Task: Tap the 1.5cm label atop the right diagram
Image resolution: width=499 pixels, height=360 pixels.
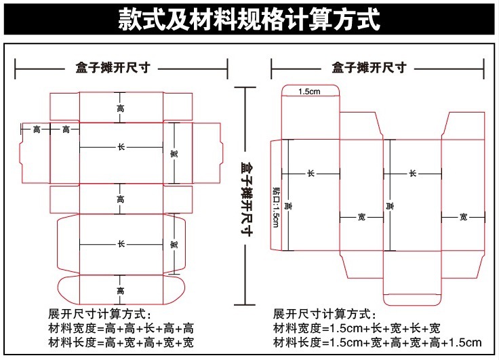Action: [309, 92]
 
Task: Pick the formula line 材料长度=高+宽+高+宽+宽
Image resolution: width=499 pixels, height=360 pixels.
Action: [121, 343]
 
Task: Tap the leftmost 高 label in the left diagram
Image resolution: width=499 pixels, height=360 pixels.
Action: [36, 129]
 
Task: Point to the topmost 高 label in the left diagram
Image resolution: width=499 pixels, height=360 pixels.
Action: [121, 108]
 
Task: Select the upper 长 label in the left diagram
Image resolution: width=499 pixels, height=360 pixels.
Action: [121, 147]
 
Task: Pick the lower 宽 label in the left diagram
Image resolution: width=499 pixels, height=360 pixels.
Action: [174, 245]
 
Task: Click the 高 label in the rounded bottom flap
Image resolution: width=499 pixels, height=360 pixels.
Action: [121, 291]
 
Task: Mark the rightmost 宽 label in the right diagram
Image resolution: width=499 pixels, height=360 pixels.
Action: [463, 217]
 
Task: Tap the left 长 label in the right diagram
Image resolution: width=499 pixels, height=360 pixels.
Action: [311, 174]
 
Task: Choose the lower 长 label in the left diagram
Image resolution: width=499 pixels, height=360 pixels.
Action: [121, 243]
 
